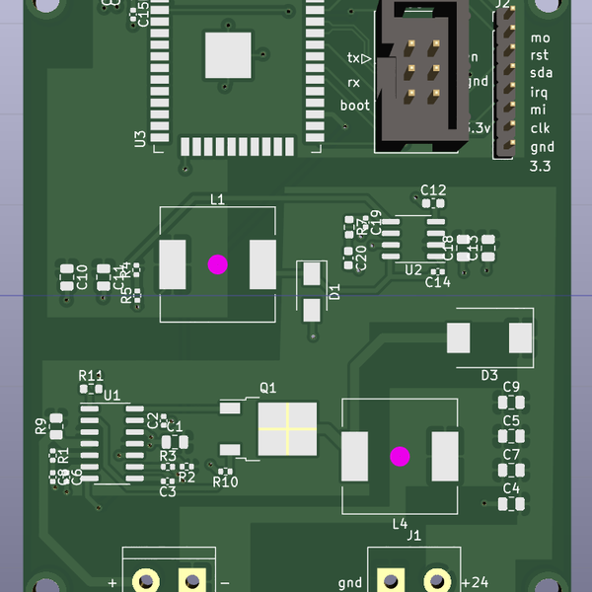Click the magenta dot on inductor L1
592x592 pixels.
click(x=217, y=263)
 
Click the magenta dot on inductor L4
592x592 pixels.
click(x=400, y=456)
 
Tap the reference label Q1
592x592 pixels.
click(x=267, y=388)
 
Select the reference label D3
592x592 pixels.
click(x=489, y=375)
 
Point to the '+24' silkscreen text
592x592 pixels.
click(x=475, y=581)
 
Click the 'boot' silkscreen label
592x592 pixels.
click(x=355, y=106)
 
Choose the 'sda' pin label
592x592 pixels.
click(x=541, y=73)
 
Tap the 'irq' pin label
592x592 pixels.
click(x=539, y=92)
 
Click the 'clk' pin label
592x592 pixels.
click(x=540, y=128)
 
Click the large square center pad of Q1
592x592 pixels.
click(x=287, y=429)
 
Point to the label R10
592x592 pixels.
click(x=226, y=481)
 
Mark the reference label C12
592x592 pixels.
click(x=433, y=189)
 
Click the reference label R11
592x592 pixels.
click(x=91, y=376)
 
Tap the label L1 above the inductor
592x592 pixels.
click(x=218, y=199)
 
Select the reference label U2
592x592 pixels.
click(x=413, y=269)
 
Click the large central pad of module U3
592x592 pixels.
click(x=228, y=54)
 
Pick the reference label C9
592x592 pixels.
click(x=511, y=386)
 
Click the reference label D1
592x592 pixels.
click(x=333, y=291)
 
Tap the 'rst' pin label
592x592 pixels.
click(x=540, y=55)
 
